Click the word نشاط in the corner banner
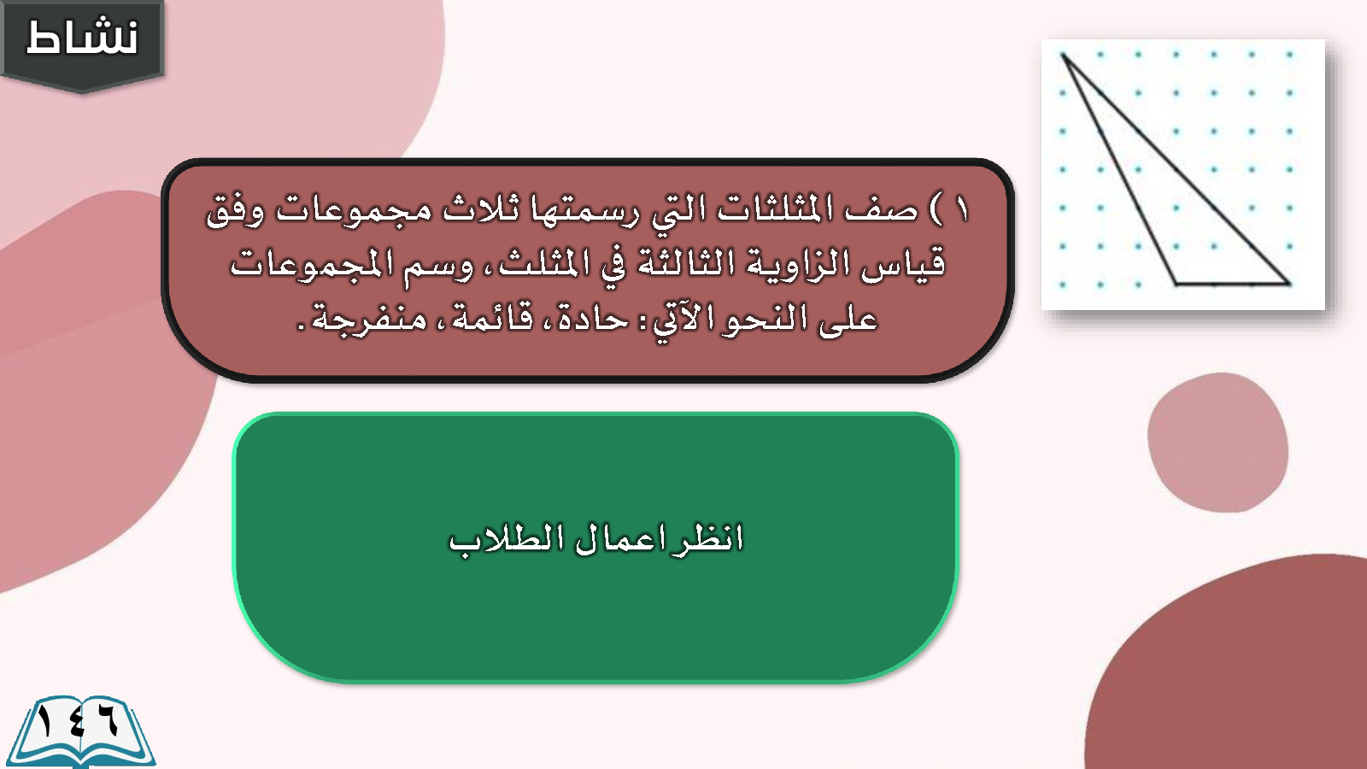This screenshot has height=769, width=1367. tap(82, 38)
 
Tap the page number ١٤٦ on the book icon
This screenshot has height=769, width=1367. tap(78, 723)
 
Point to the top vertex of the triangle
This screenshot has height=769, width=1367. tap(1064, 56)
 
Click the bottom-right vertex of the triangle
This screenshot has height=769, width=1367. tap(1289, 284)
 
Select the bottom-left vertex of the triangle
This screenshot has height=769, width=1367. tap(1176, 284)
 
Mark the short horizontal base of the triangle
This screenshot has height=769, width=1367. tap(1233, 284)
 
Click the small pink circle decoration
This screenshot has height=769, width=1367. tap(1218, 443)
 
